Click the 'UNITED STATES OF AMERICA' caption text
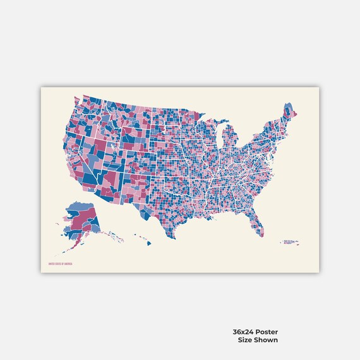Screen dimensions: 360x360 pos(60,264)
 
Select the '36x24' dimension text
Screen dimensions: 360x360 pos(242,332)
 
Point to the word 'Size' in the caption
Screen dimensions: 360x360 pos(246,340)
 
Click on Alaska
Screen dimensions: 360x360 pos(80,218)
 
